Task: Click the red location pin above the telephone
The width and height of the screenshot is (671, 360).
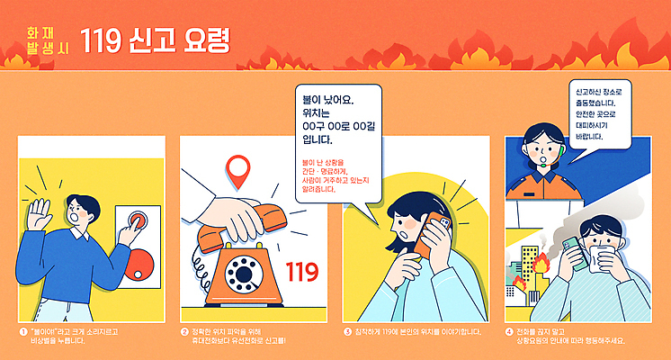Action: [237, 168]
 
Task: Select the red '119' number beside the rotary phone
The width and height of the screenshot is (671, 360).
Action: [301, 270]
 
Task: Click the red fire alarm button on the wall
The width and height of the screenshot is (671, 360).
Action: [138, 223]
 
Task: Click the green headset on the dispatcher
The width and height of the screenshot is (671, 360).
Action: [559, 159]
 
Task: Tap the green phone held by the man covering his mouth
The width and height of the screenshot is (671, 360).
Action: [570, 249]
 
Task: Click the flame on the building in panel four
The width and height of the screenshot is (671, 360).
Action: [541, 265]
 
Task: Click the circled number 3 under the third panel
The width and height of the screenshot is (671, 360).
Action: [348, 331]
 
